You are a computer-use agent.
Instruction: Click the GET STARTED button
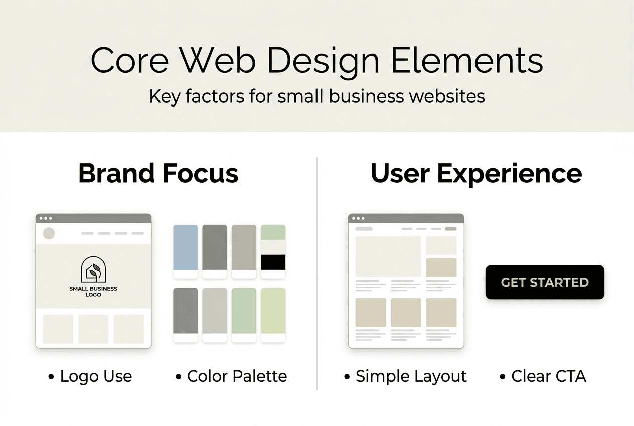pos(545,282)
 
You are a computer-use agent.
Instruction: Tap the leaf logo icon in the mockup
pos(93,270)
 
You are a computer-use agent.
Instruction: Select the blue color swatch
pos(186,247)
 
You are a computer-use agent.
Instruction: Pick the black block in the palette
pos(273,262)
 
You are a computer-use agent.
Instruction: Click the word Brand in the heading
pos(117,173)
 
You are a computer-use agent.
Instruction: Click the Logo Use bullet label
pos(95,376)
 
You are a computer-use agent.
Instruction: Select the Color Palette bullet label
pos(237,376)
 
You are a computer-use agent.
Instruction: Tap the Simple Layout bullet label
pos(411,376)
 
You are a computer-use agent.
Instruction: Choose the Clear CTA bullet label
pos(548,376)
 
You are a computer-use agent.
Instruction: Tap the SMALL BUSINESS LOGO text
pos(93,292)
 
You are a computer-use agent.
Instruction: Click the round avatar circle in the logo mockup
pos(49,233)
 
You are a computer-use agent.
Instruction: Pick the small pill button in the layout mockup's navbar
pos(451,229)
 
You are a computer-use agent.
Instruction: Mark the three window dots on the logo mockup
pos(46,218)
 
